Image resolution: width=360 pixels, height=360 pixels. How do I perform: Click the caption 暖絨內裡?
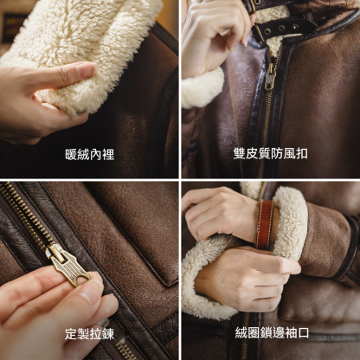(90, 154)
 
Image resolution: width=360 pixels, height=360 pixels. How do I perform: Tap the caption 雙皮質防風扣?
(270, 154)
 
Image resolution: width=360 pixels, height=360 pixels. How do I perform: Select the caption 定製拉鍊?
(90, 333)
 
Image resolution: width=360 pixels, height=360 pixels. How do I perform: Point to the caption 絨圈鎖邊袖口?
(270, 333)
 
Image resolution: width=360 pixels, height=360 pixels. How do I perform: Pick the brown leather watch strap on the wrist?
(265, 223)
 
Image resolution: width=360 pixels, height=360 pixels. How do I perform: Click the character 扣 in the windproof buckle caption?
(302, 154)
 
